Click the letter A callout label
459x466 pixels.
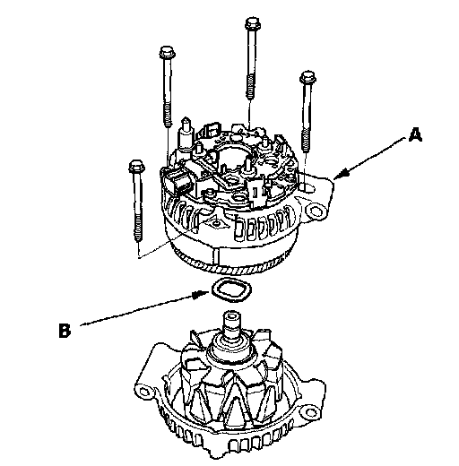[415, 134]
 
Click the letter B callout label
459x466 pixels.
[65, 330]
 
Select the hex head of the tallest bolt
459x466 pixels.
[253, 23]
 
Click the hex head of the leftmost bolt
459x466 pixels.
[136, 166]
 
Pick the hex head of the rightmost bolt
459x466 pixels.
[307, 78]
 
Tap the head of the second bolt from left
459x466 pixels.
[168, 53]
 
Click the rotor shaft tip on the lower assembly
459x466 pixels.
[232, 317]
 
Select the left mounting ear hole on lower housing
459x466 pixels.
[144, 391]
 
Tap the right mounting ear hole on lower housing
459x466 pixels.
[311, 413]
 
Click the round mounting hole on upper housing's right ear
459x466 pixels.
[316, 211]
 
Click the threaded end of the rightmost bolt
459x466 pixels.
[306, 138]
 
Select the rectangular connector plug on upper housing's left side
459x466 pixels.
[178, 182]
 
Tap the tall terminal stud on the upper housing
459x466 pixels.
[186, 133]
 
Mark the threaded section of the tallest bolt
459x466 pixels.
[250, 87]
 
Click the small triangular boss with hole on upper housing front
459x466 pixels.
[216, 222]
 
